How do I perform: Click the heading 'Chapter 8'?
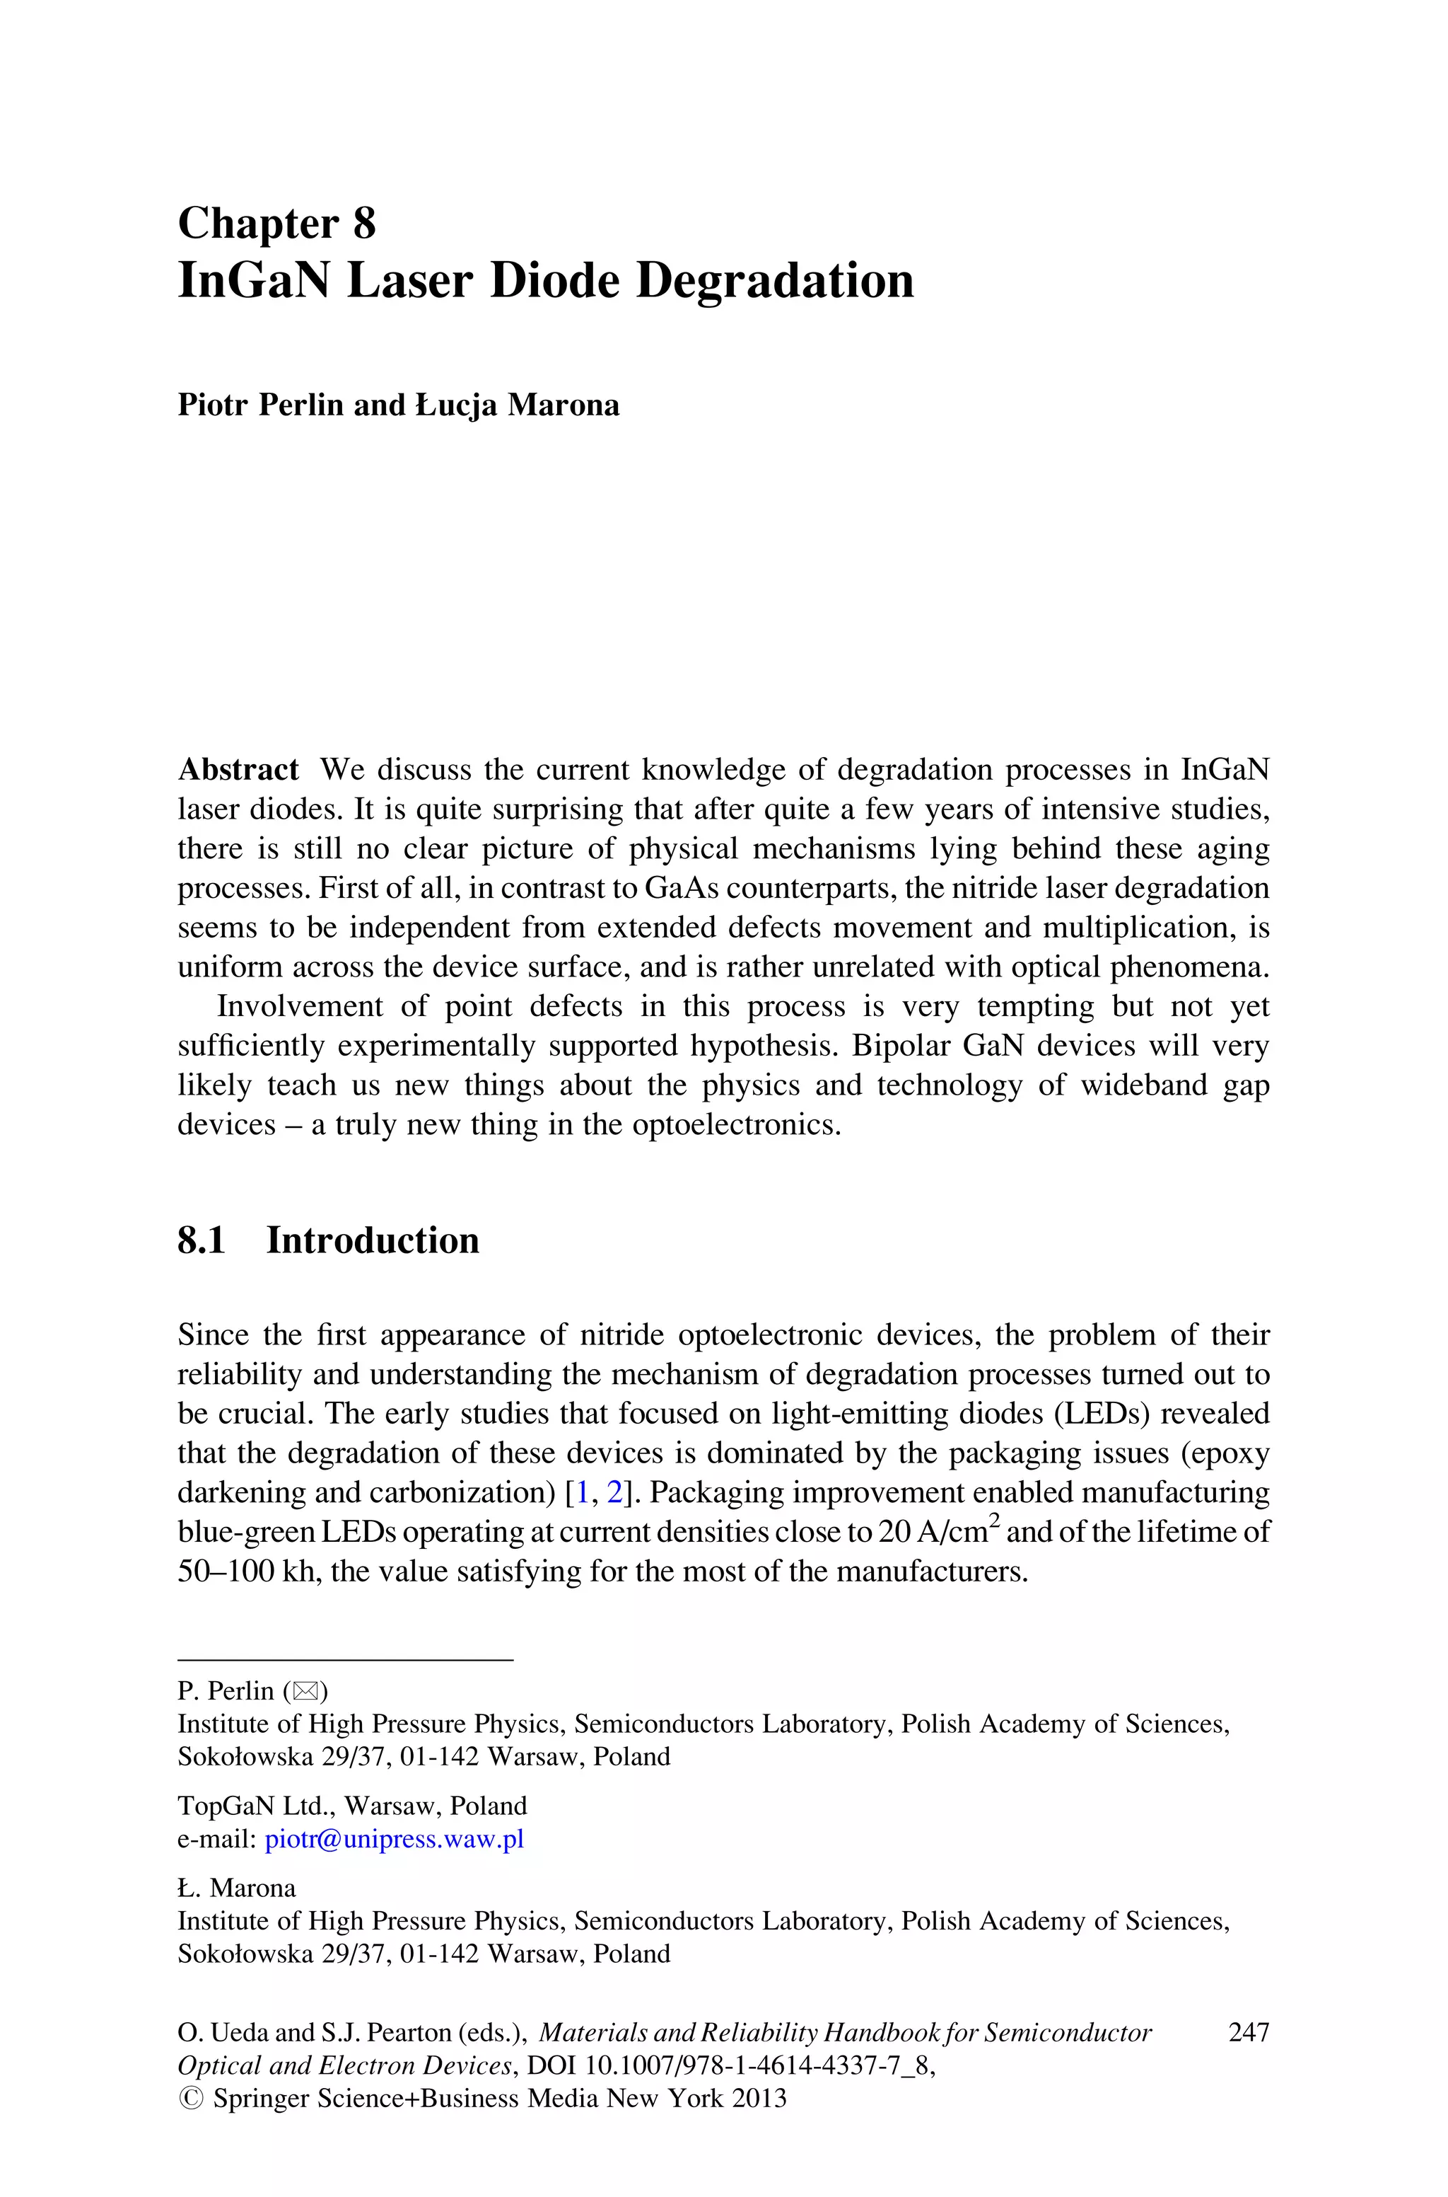(x=276, y=224)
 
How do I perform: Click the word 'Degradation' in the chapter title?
(x=775, y=281)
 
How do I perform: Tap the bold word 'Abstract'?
(x=238, y=770)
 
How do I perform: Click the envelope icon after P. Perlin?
(x=305, y=1692)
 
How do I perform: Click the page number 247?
(x=1249, y=2033)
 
